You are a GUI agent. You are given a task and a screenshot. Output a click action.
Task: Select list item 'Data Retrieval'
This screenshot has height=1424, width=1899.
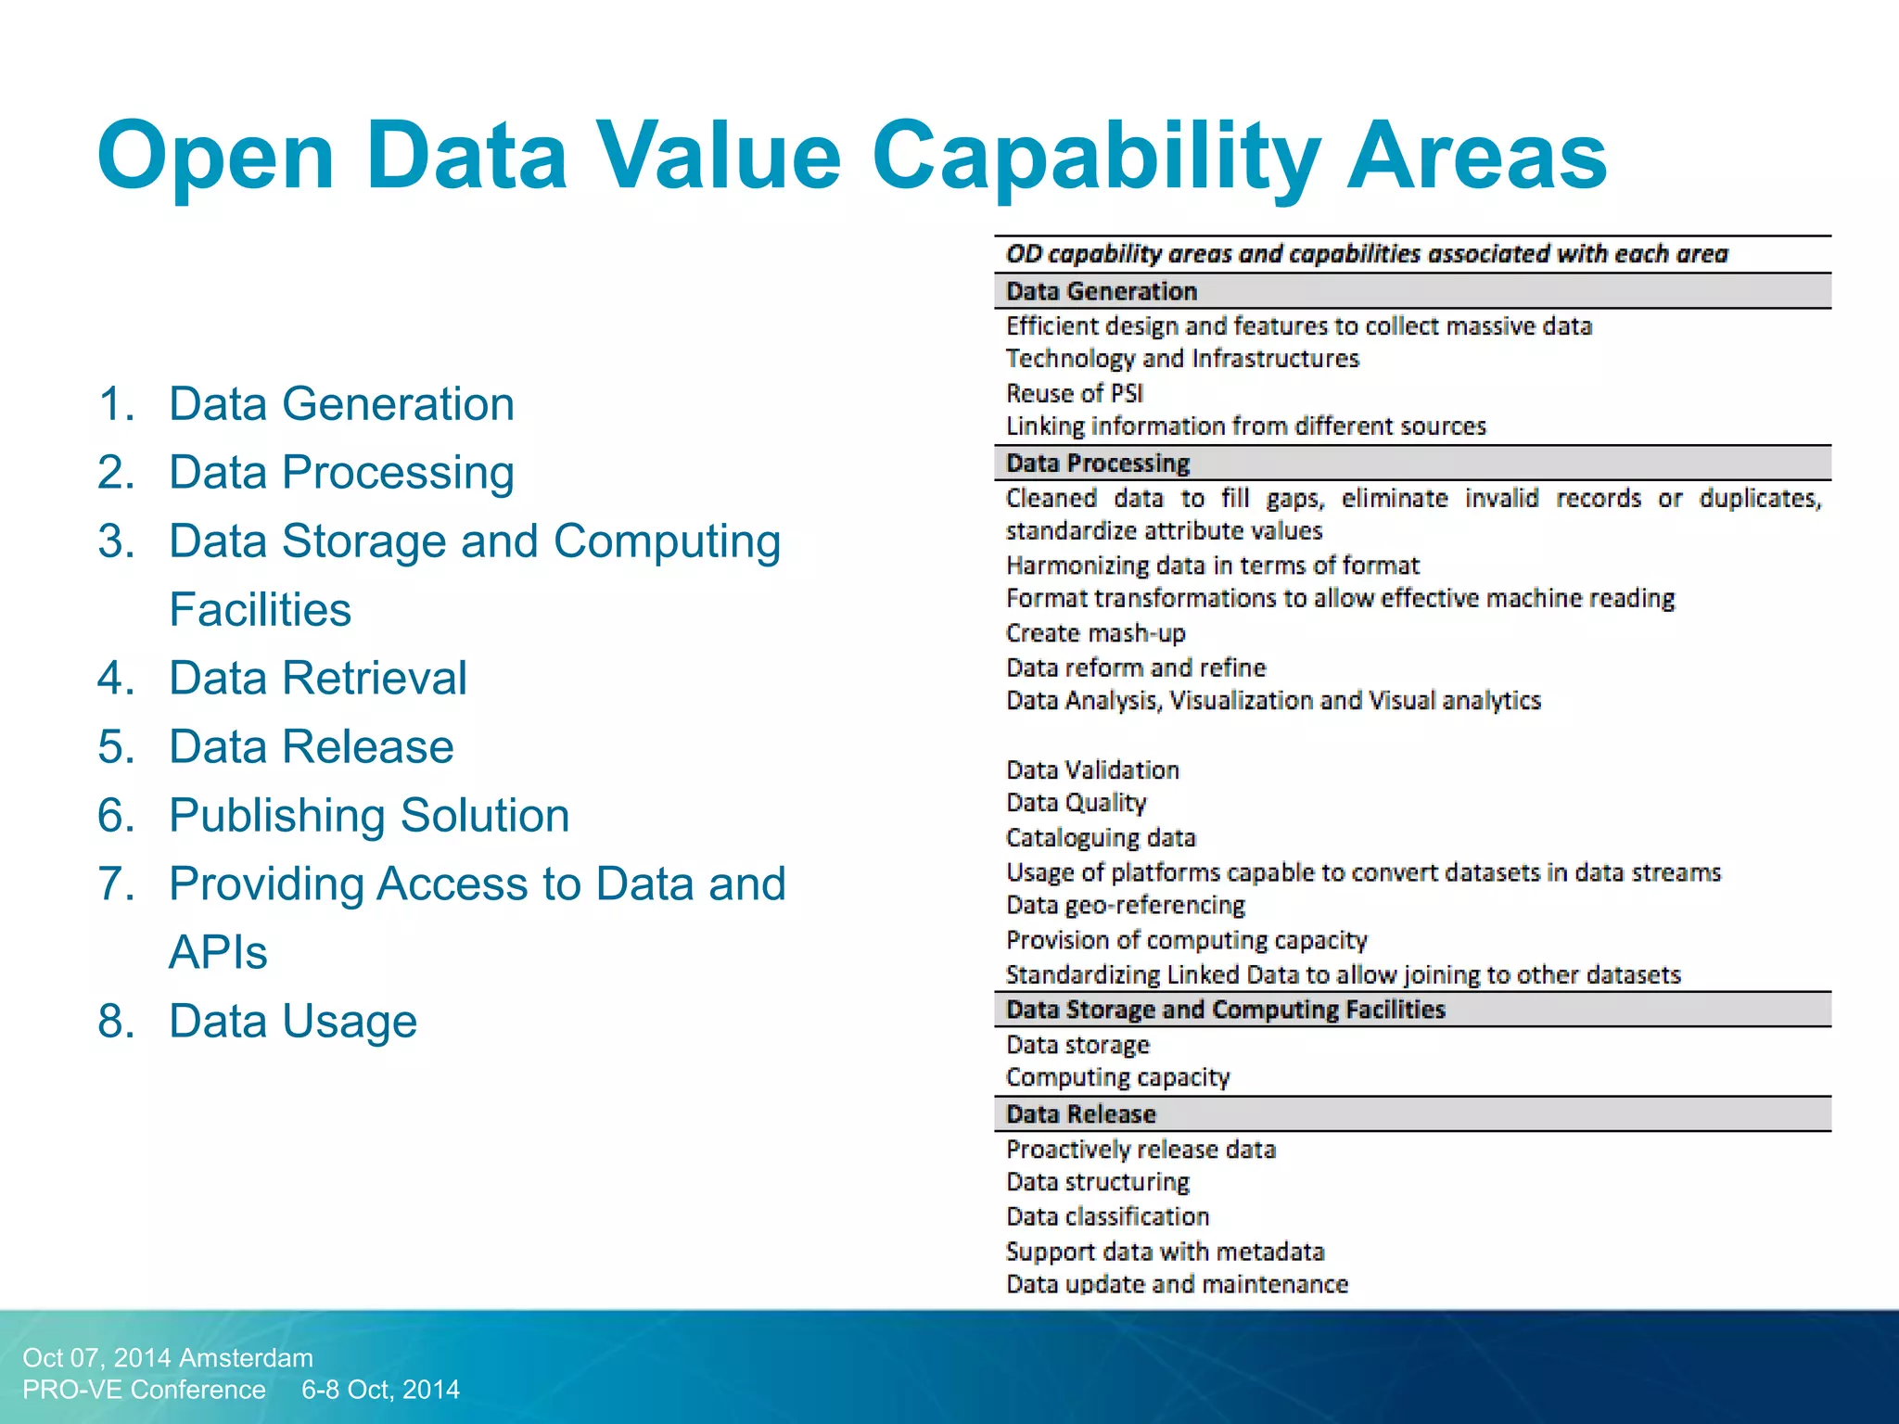pos(317,678)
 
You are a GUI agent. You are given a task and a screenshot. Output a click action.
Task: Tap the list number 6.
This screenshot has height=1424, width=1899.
pos(116,816)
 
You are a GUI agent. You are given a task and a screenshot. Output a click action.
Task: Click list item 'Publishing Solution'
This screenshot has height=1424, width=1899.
pos(369,816)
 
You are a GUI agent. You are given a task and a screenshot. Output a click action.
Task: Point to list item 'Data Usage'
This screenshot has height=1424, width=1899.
pos(293,1022)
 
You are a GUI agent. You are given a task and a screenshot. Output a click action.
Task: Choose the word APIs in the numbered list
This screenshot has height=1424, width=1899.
pos(218,953)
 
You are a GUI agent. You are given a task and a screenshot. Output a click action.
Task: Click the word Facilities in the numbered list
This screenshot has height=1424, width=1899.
pos(261,610)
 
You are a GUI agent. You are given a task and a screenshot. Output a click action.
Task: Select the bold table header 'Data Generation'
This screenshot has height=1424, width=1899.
pos(1102,291)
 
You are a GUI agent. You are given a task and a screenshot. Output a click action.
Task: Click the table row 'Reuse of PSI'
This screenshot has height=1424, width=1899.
pos(1075,393)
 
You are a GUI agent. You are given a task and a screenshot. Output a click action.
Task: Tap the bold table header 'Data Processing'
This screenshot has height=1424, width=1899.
pos(1098,463)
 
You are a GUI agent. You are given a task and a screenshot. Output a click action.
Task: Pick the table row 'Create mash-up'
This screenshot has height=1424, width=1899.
pos(1096,633)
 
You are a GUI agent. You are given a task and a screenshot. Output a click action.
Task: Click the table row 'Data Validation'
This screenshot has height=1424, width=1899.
pos(1093,769)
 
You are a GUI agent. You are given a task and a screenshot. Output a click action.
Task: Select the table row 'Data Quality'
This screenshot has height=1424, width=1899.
pos(1077,803)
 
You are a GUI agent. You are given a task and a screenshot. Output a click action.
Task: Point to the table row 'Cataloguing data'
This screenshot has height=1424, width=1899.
pos(1101,838)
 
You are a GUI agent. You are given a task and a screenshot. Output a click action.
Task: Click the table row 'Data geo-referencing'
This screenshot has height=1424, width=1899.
pos(1126,905)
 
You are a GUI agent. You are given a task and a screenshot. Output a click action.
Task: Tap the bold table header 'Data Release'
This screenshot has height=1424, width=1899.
pos(1081,1114)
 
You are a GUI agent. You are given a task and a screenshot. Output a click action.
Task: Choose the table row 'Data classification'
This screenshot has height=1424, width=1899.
pos(1108,1216)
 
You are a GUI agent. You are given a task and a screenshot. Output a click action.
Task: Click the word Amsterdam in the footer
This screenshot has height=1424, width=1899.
pos(246,1358)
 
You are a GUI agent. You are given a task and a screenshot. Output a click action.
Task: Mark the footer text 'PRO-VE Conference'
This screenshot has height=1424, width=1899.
pos(144,1390)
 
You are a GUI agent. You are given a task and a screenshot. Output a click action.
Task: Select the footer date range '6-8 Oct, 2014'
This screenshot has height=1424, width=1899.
pos(380,1390)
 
